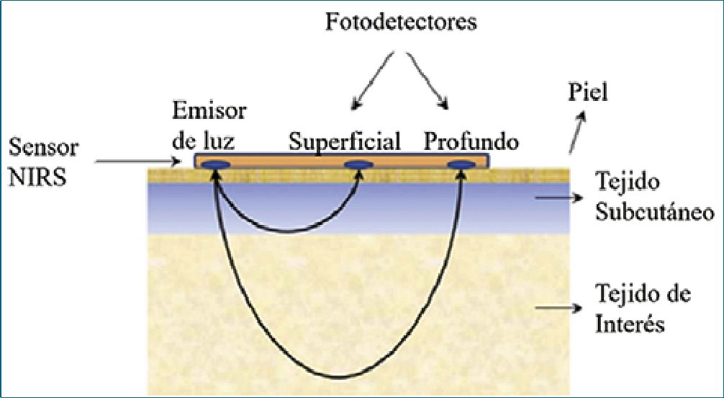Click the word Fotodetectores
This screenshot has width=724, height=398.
[402, 22]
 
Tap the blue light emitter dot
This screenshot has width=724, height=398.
[215, 165]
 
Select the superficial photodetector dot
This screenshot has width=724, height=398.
[358, 165]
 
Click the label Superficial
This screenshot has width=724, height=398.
[345, 141]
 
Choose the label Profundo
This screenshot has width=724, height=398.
[471, 141]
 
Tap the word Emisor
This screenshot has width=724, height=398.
[209, 111]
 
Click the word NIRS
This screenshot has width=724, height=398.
[37, 177]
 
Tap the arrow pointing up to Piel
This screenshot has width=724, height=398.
[575, 134]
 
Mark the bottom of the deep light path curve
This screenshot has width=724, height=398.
[338, 377]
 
